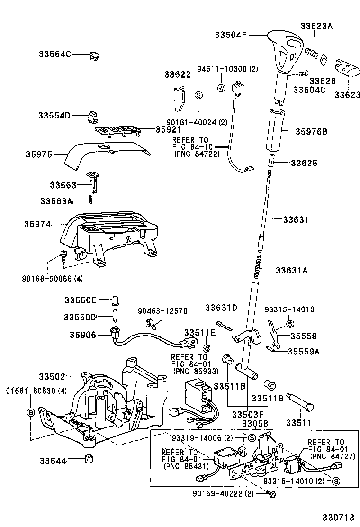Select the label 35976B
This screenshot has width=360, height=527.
point(311,132)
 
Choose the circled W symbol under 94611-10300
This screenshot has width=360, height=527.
point(221,88)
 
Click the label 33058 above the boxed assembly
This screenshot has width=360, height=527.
point(255,423)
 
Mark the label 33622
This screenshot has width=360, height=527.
point(178,74)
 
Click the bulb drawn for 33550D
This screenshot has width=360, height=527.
point(114,316)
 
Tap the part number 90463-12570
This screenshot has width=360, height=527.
point(162,311)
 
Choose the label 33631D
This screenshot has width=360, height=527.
point(221,309)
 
